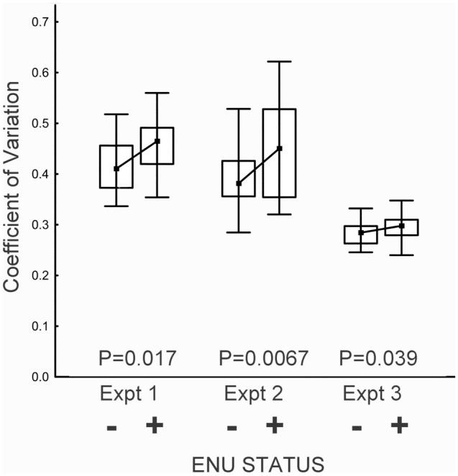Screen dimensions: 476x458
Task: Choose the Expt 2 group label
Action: [x=254, y=394]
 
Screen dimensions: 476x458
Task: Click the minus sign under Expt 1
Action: [x=112, y=428]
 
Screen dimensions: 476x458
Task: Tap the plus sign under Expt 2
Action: [x=273, y=426]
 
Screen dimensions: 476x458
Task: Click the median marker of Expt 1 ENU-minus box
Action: [x=116, y=168]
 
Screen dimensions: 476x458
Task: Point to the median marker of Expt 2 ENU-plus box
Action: [x=280, y=148]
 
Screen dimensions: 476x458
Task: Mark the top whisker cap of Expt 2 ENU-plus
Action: [x=280, y=62]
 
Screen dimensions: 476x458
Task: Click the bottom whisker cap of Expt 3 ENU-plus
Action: [x=402, y=255]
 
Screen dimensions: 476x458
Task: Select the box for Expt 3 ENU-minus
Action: [x=361, y=234]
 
